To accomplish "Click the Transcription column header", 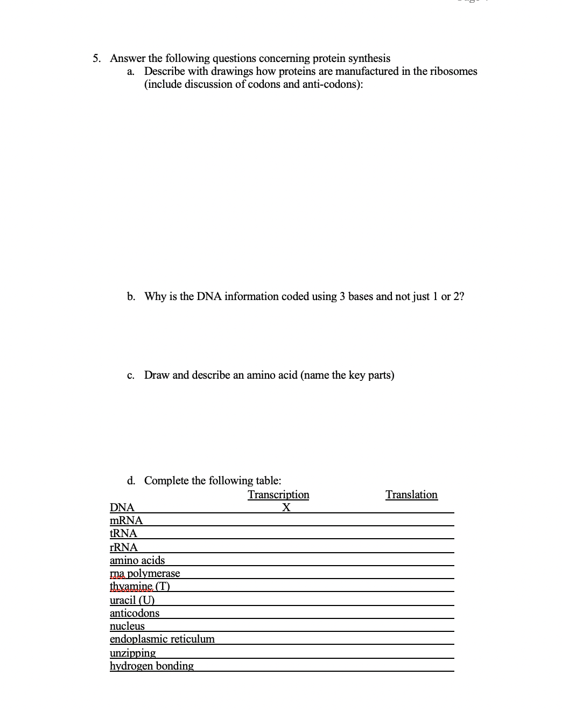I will [x=278, y=495].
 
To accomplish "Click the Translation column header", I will [x=411, y=495].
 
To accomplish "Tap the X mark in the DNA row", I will [x=286, y=507].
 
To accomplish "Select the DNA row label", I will [x=122, y=507].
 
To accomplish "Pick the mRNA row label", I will [x=126, y=520].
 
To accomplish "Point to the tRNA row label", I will [x=123, y=533].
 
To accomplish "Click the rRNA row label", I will [x=124, y=547].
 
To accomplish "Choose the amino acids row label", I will [x=137, y=560].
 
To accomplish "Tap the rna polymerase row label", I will [x=145, y=573].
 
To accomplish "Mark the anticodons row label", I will [x=135, y=613].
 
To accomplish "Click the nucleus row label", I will [x=127, y=626].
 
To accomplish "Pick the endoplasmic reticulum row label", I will [x=162, y=639].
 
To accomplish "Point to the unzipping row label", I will [x=132, y=653].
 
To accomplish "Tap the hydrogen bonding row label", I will [x=152, y=666].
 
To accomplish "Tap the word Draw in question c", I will [x=157, y=375].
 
